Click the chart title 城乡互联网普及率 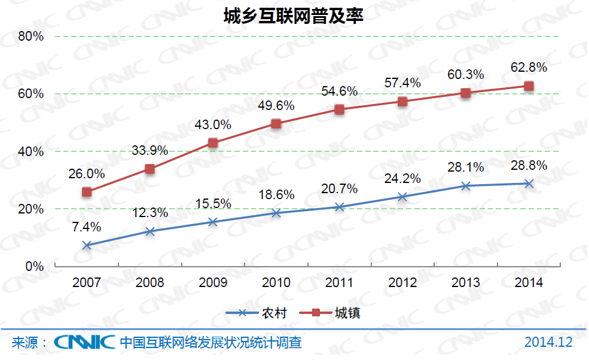pyautogui.click(x=293, y=16)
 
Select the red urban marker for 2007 pyautogui.click(x=87, y=192)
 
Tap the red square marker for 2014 pyautogui.click(x=529, y=86)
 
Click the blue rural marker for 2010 pyautogui.click(x=276, y=213)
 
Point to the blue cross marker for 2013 pyautogui.click(x=466, y=186)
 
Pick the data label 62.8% pyautogui.click(x=529, y=68)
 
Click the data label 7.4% pyautogui.click(x=87, y=227)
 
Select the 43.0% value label pyautogui.click(x=213, y=125)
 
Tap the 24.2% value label pyautogui.click(x=402, y=178)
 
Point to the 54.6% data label pyautogui.click(x=339, y=91)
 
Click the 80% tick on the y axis pyautogui.click(x=31, y=36)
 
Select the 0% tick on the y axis pyautogui.click(x=34, y=267)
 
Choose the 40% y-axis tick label pyautogui.click(x=31, y=152)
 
